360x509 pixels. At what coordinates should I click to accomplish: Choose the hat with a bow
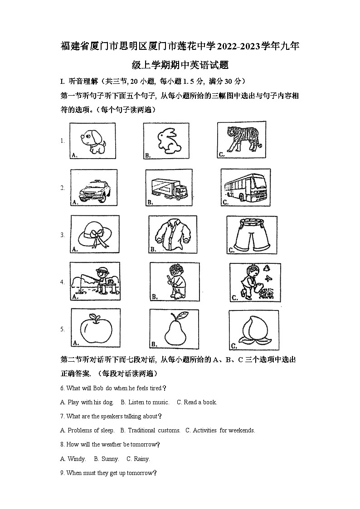pos(95,235)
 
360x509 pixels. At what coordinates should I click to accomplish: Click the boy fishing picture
pos(95,281)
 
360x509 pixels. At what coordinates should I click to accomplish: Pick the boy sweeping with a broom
pos(174,281)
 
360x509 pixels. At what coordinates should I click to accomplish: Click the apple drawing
pos(95,329)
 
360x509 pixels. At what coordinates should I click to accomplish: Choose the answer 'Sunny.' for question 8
pos(110,459)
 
